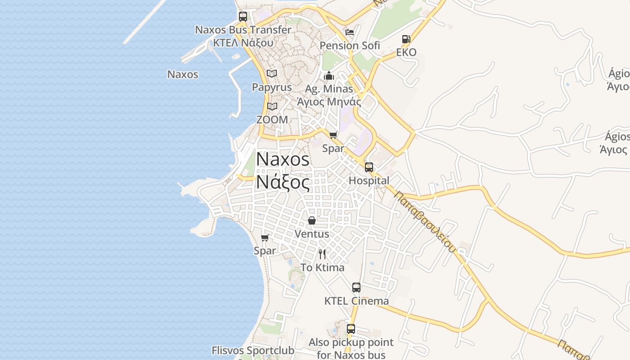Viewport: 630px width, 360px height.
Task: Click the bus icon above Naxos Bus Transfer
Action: pyautogui.click(x=243, y=17)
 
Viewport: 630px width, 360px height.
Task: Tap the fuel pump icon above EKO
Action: pyautogui.click(x=406, y=39)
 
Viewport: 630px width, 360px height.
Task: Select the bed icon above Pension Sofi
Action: pyautogui.click(x=350, y=32)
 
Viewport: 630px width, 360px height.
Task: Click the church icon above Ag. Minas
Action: pyautogui.click(x=329, y=76)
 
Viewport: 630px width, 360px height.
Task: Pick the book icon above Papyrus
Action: pyautogui.click(x=272, y=73)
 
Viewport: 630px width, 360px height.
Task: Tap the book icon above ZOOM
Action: pyautogui.click(x=272, y=106)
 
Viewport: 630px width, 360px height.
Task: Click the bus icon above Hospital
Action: pyautogui.click(x=369, y=167)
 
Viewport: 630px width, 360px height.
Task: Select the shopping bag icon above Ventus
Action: pyautogui.click(x=311, y=220)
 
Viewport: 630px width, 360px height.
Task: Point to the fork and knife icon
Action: pyautogui.click(x=322, y=254)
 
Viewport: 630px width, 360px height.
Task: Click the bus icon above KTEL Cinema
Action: pyautogui.click(x=356, y=288)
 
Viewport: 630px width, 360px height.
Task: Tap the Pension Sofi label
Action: pyautogui.click(x=350, y=45)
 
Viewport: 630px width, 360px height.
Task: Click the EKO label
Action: pyautogui.click(x=406, y=52)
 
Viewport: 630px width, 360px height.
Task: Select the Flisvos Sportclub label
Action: pyautogui.click(x=253, y=350)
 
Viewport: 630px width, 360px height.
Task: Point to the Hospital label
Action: pyautogui.click(x=369, y=180)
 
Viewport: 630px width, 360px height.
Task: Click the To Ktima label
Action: pyautogui.click(x=322, y=267)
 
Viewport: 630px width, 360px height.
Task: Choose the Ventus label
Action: pyautogui.click(x=311, y=234)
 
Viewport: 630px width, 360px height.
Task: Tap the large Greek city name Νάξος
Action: pyautogui.click(x=283, y=182)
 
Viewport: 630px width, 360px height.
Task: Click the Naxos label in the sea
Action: pyautogui.click(x=183, y=74)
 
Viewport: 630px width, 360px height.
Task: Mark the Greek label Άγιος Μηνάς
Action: pyautogui.click(x=329, y=102)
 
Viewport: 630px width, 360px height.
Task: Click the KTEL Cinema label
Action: pyautogui.click(x=356, y=301)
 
